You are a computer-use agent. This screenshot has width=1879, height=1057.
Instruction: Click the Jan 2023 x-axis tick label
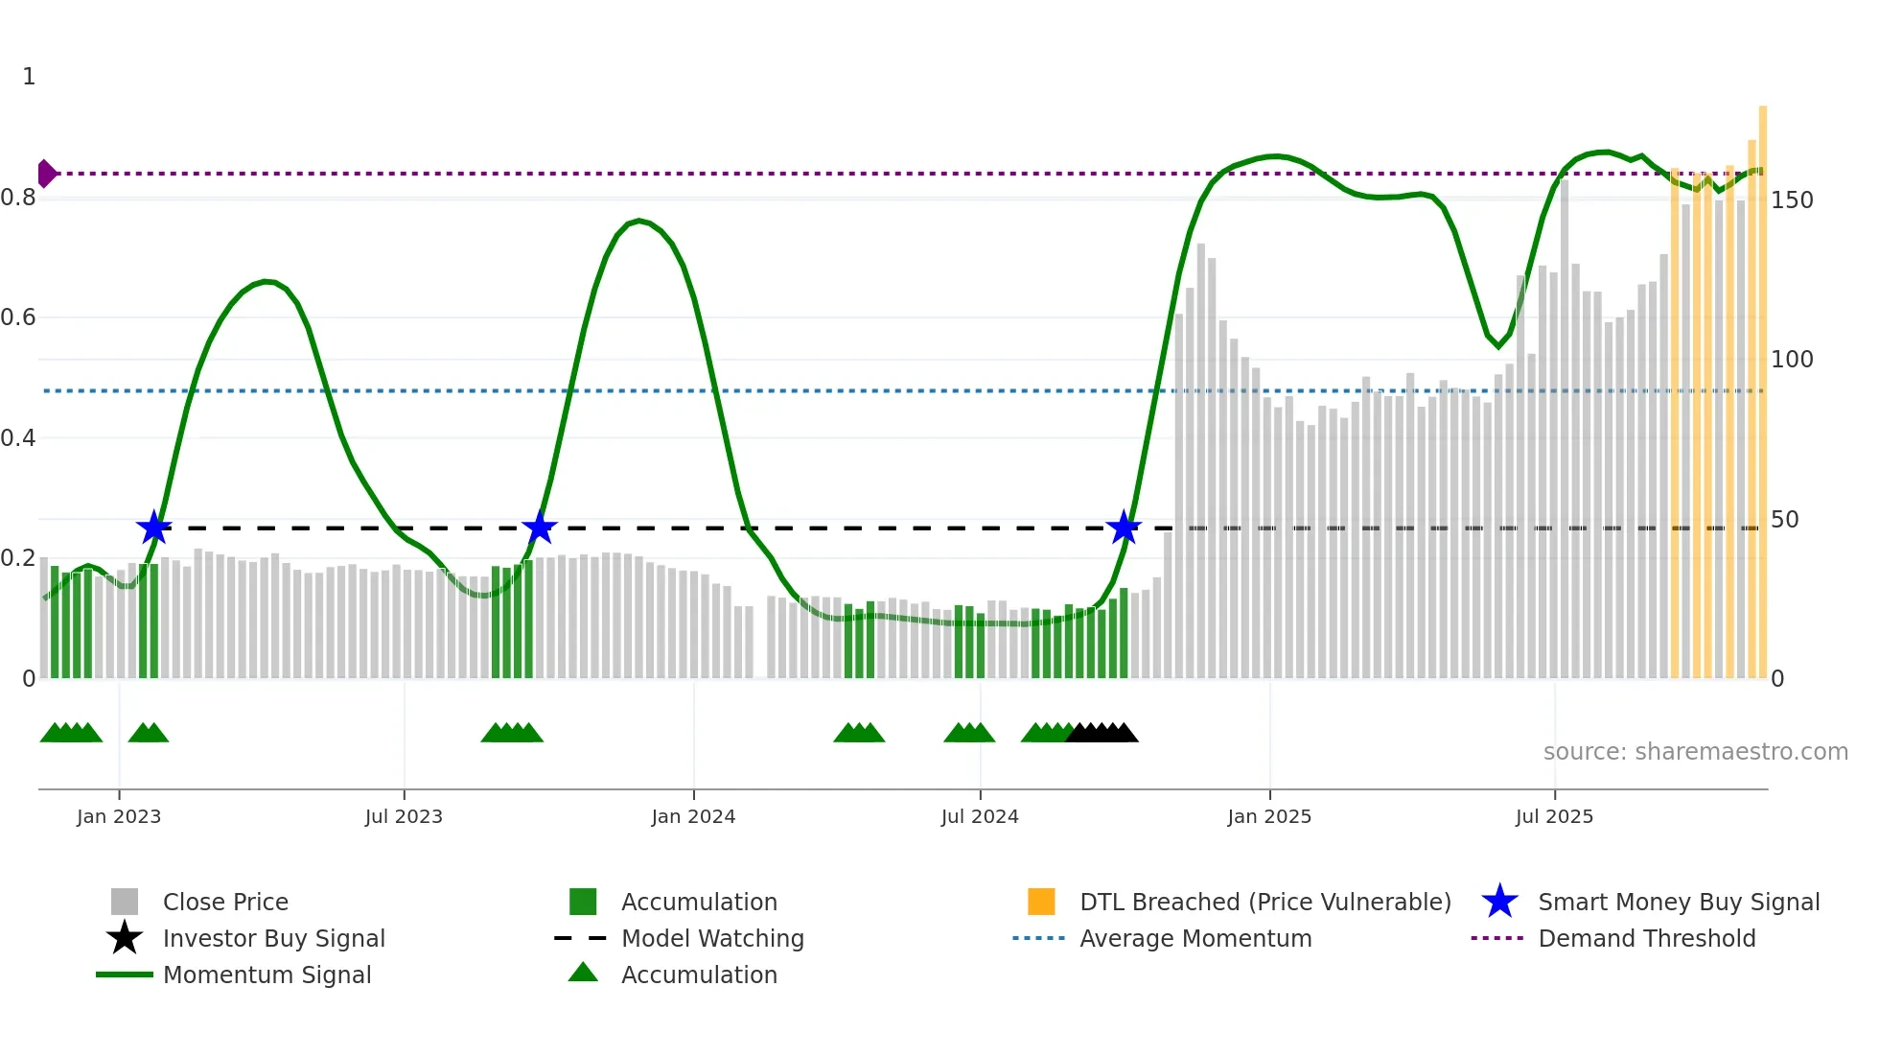click(x=119, y=817)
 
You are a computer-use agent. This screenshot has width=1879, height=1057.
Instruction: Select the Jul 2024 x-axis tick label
click(x=980, y=817)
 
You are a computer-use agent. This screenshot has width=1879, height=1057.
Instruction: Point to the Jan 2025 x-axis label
click(x=1269, y=817)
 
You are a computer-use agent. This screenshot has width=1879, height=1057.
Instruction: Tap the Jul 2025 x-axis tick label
click(x=1554, y=817)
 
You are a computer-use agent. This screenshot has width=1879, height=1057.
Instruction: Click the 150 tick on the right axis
click(x=1792, y=200)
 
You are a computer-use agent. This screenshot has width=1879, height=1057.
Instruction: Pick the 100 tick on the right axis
click(x=1792, y=360)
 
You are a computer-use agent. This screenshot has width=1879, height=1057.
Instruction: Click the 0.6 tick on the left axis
click(x=18, y=317)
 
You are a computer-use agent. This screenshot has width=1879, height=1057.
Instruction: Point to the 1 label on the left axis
click(x=29, y=77)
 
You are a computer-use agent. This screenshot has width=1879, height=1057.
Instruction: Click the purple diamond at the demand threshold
click(x=46, y=174)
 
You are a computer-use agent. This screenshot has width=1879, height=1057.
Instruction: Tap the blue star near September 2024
click(x=1124, y=528)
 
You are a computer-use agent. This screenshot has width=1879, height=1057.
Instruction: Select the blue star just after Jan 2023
click(x=153, y=528)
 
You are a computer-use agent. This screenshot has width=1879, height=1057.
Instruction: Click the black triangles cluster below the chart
click(x=1102, y=733)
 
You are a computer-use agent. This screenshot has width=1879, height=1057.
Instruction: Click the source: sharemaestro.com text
click(x=1695, y=752)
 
